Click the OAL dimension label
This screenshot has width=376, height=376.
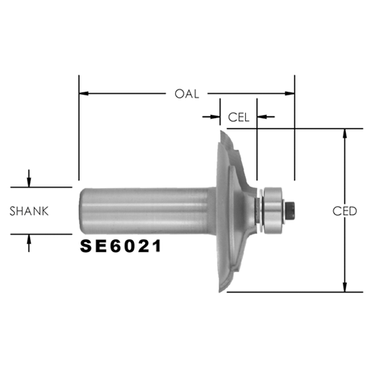[x=186, y=94]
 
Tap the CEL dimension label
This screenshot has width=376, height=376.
[x=238, y=117]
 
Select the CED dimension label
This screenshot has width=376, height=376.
[x=344, y=211]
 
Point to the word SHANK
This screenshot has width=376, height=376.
[x=29, y=211]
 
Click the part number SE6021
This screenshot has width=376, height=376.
[x=121, y=246]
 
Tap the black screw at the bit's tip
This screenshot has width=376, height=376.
[x=290, y=211]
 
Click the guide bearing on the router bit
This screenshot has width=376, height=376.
[x=273, y=211]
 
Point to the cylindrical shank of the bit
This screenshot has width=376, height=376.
[x=147, y=211]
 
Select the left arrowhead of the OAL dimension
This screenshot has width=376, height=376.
[x=83, y=93]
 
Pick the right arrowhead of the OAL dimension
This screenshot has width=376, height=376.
[x=290, y=93]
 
